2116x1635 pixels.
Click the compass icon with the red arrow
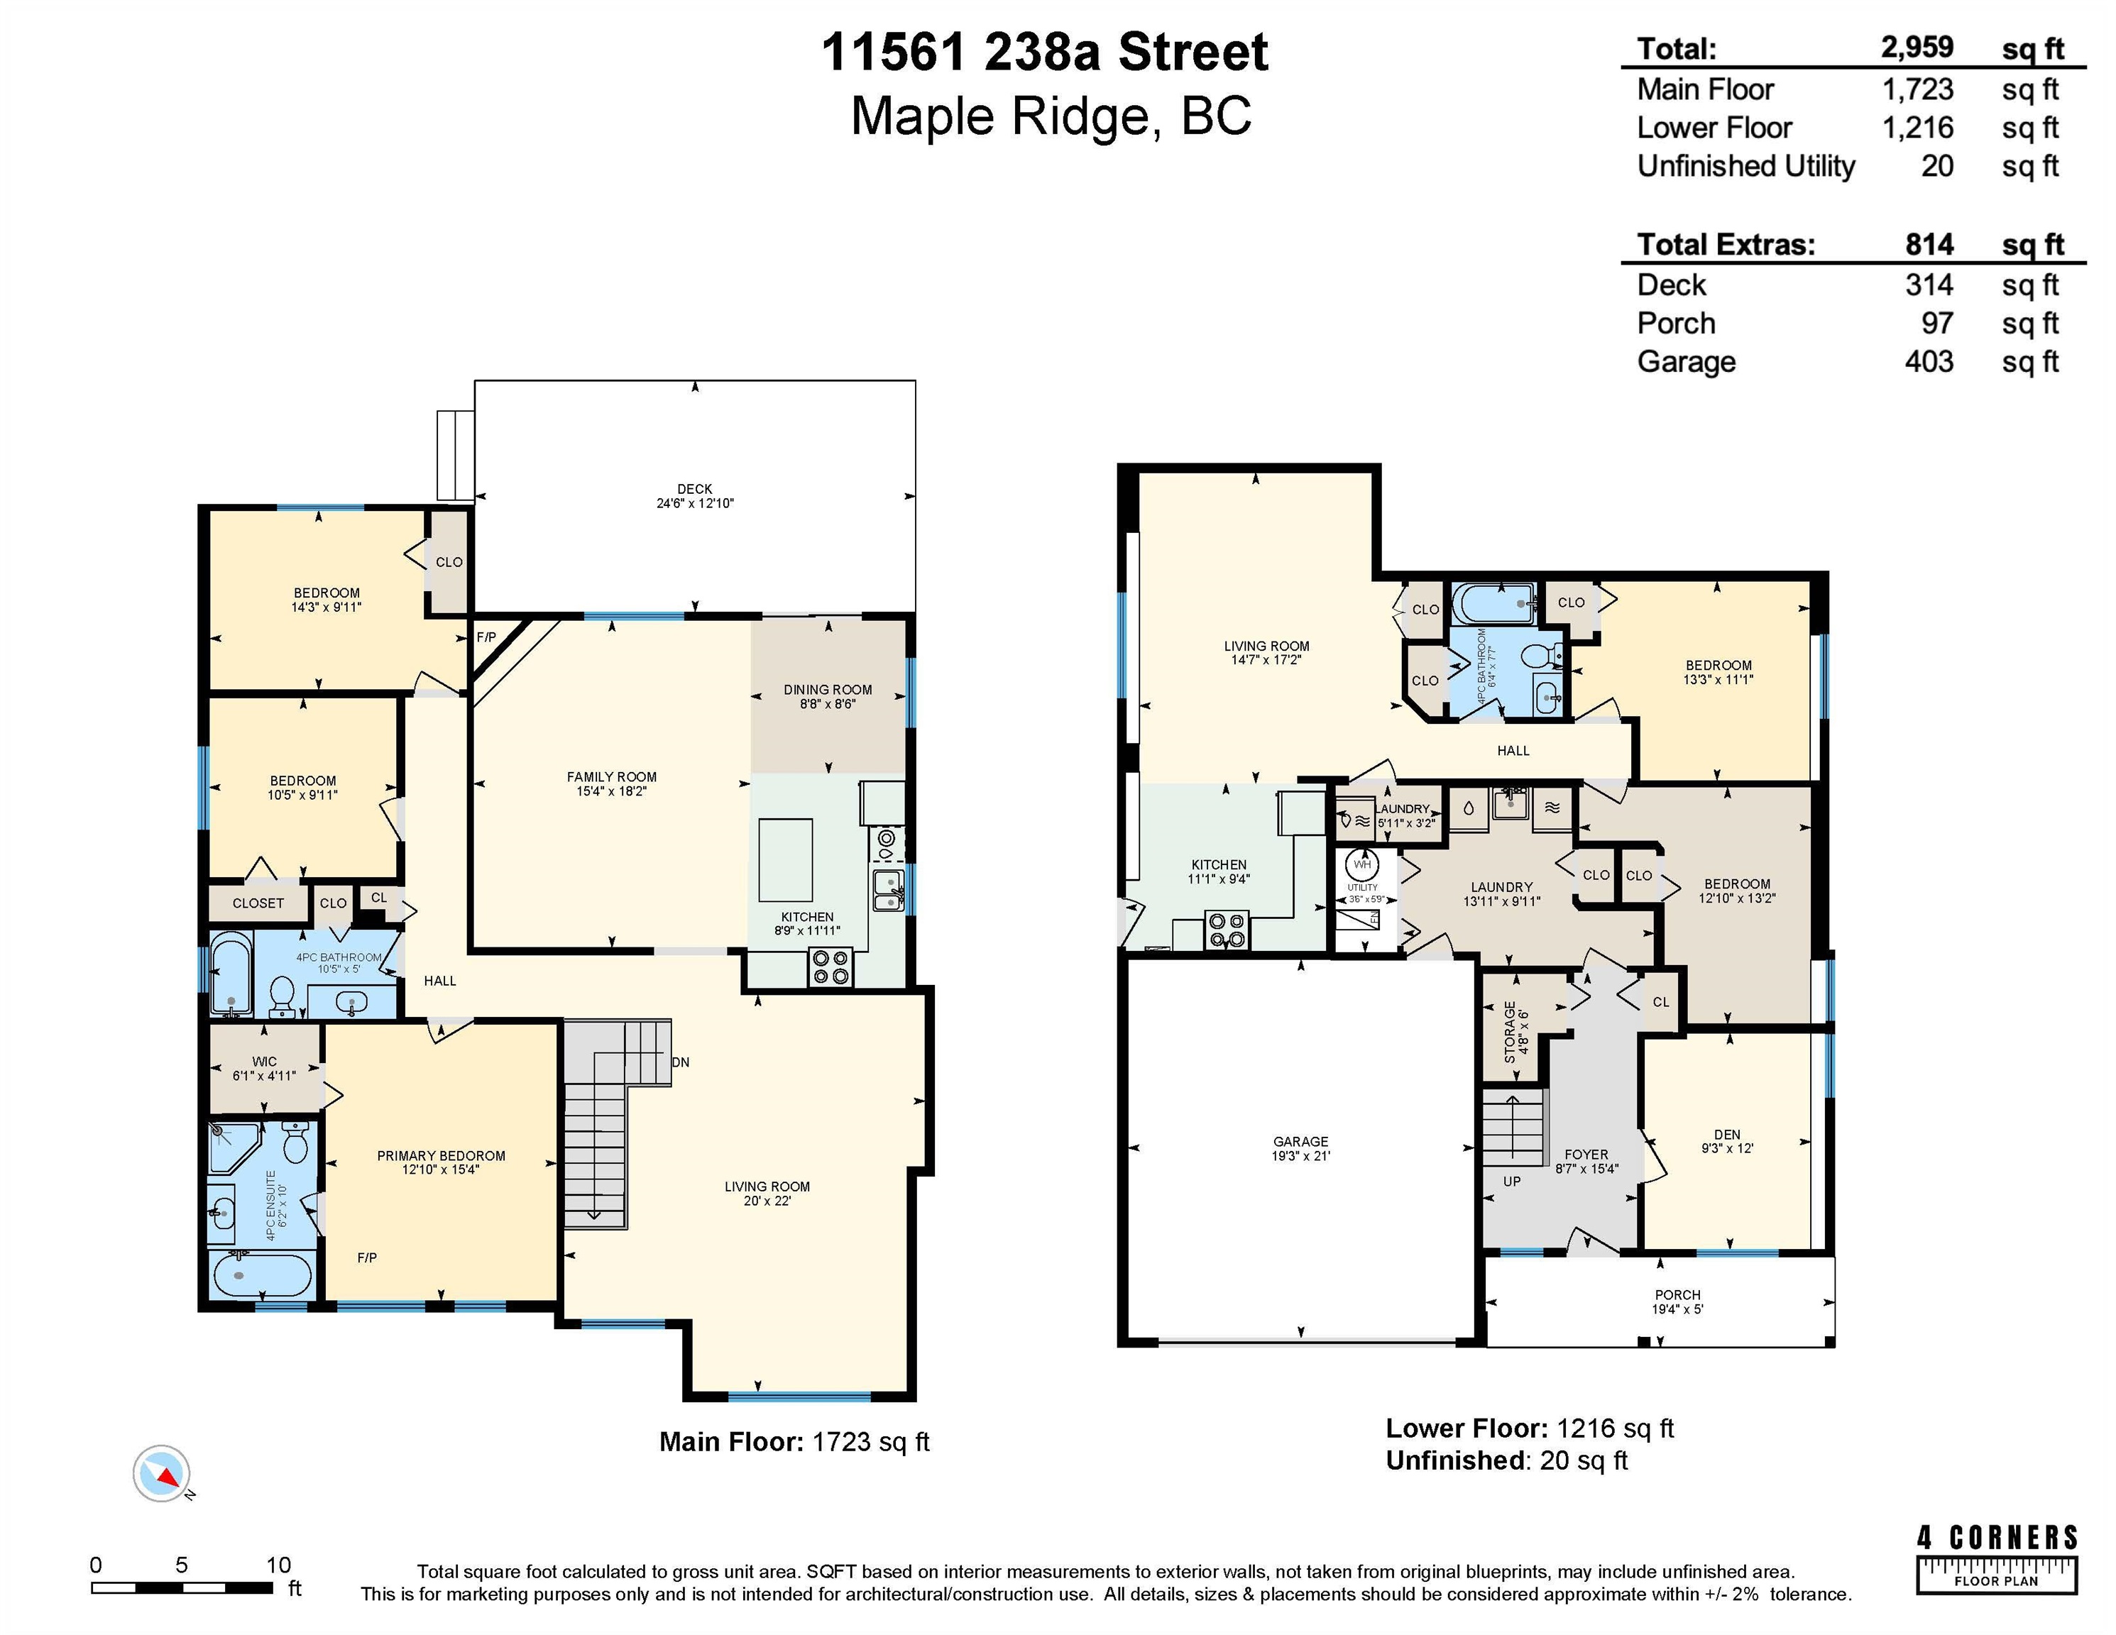pyautogui.click(x=162, y=1474)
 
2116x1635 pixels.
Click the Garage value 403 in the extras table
pyautogui.click(x=1929, y=362)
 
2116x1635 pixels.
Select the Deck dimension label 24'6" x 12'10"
pyautogui.click(x=695, y=504)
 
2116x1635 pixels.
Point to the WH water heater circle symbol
pyautogui.click(x=1362, y=864)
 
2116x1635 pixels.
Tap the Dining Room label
pyautogui.click(x=828, y=690)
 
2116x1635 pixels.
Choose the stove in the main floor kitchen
pyautogui.click(x=830, y=967)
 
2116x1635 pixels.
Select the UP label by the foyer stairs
pyautogui.click(x=1511, y=1182)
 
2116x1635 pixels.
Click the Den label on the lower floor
pyautogui.click(x=1726, y=1134)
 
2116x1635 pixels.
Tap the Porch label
pyautogui.click(x=1677, y=1295)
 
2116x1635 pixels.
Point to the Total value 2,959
pyautogui.click(x=1917, y=48)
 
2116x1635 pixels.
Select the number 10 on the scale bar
pyautogui.click(x=278, y=1565)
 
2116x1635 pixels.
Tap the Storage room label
pyautogui.click(x=1510, y=1033)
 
